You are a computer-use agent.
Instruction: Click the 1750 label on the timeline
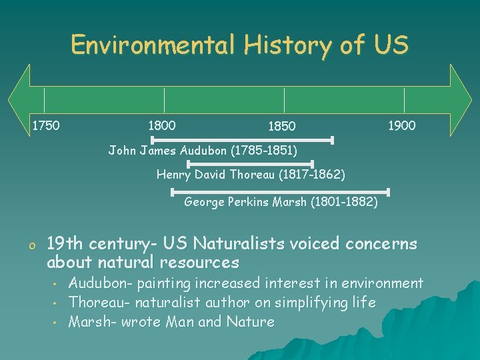pos(46,125)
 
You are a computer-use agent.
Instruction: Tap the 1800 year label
pos(161,125)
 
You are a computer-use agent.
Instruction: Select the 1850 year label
pos(281,127)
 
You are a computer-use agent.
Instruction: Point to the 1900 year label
pos(401,125)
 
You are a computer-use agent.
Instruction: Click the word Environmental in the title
pos(153,45)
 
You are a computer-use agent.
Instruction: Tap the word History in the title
pos(288,45)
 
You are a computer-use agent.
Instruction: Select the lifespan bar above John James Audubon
pos(242,140)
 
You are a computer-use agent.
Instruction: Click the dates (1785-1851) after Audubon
pos(263,151)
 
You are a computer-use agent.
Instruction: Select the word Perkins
pos(248,201)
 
